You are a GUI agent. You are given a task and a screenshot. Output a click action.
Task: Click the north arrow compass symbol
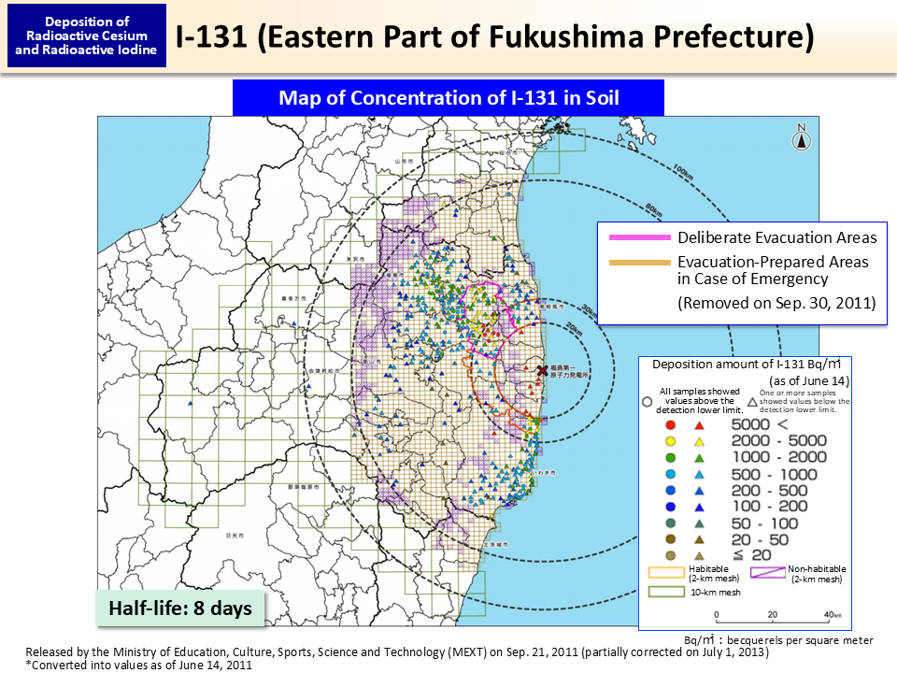pos(801,138)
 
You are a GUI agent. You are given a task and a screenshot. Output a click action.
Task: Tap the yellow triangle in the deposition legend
pos(698,440)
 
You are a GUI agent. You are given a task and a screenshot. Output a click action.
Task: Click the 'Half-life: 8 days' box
pos(180,609)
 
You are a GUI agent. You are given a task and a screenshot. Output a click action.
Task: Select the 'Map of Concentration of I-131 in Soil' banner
pos(448,98)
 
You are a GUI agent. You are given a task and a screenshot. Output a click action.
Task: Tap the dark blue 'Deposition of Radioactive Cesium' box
pos(87,36)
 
